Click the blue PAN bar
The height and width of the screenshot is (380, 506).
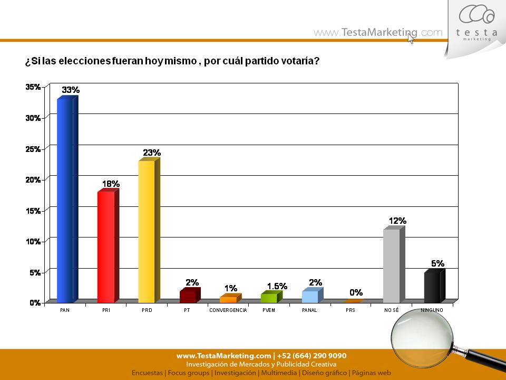tap(65, 201)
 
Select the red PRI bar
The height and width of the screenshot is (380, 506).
tap(106, 246)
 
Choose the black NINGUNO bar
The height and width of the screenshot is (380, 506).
tap(432, 287)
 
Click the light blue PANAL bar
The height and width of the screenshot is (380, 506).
tap(310, 296)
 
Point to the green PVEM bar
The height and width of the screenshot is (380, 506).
tap(269, 298)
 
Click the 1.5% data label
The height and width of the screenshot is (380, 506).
tap(277, 286)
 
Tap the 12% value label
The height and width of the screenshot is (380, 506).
tap(397, 221)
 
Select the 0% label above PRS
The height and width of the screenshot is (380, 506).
tap(356, 292)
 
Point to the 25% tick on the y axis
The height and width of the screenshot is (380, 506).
tap(34, 149)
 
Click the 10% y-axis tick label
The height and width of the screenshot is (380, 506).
tap(34, 241)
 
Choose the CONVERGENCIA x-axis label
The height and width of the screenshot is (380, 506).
tap(228, 310)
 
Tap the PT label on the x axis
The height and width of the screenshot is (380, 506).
tap(188, 310)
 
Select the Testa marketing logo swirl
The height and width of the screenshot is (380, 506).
tap(476, 15)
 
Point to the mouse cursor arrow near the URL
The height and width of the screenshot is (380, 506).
tap(411, 38)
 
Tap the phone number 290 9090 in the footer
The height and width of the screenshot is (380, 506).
tap(328, 356)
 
